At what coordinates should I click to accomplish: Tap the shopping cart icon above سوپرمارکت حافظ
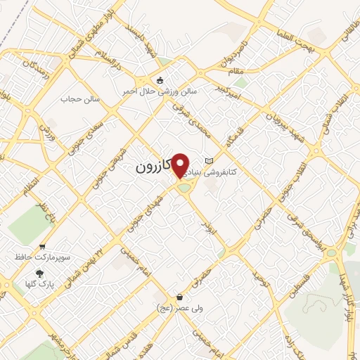pos(42,247)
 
